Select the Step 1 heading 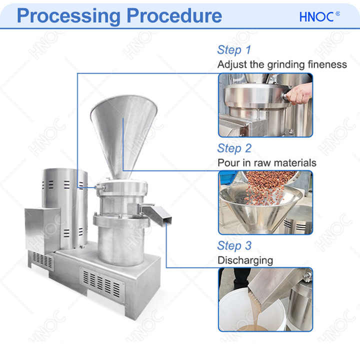(x=233, y=50)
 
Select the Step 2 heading (x=234, y=148)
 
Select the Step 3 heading (x=234, y=246)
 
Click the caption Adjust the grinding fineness (x=281, y=64)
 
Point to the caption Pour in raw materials (x=266, y=163)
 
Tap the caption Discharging (x=245, y=260)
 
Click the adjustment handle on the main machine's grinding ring (x=99, y=187)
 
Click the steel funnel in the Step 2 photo (x=260, y=210)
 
